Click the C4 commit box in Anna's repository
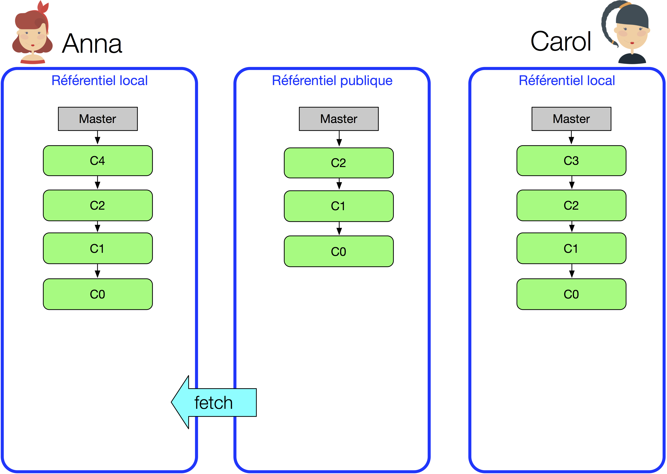point(98,161)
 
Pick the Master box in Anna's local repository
point(98,119)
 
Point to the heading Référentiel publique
point(332,81)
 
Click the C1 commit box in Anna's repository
point(98,248)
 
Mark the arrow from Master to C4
point(98,138)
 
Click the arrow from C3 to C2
point(572,183)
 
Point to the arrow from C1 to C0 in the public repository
point(339,229)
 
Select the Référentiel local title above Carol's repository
point(567,81)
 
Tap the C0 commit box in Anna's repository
point(98,294)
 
